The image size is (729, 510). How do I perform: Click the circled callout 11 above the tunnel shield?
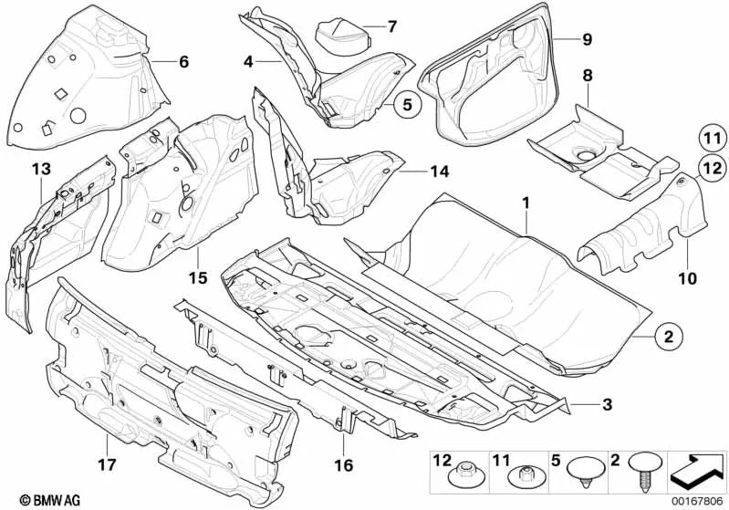(x=710, y=139)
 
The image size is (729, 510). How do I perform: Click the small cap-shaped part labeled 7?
(x=339, y=36)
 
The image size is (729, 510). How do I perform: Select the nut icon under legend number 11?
(x=523, y=475)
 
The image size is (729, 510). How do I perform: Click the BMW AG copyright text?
(x=36, y=500)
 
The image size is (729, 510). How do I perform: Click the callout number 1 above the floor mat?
(x=525, y=200)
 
